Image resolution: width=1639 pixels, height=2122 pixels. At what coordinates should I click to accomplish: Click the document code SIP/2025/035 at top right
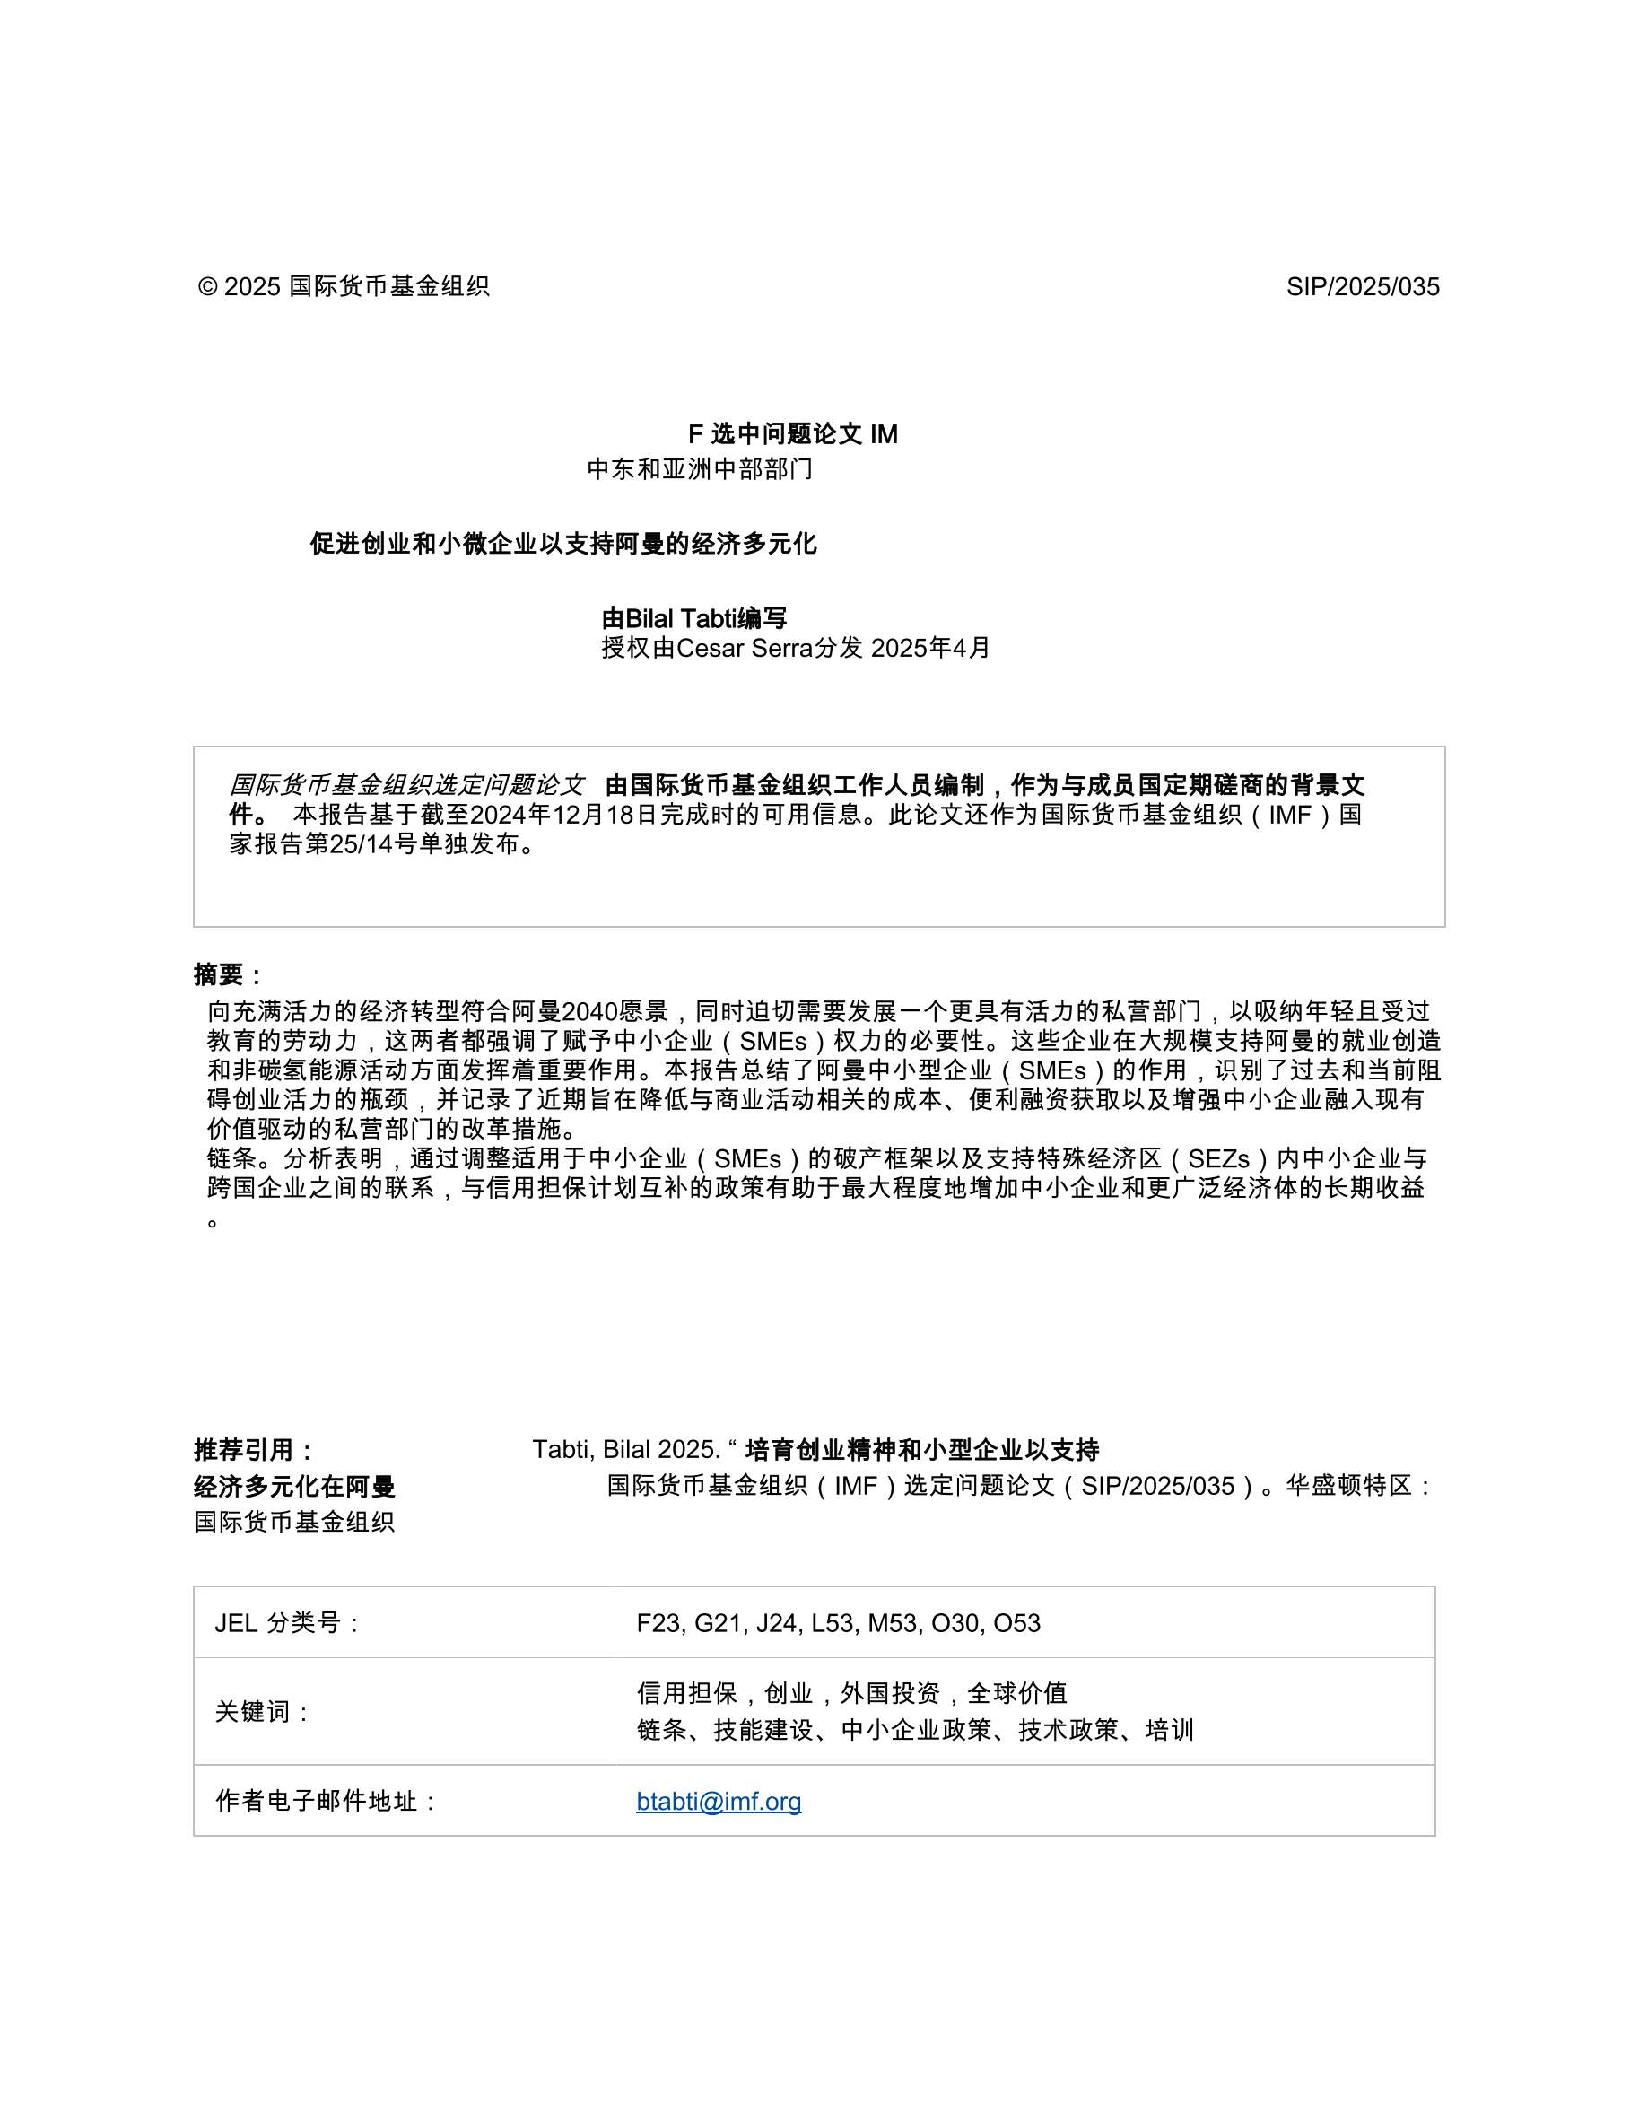[1362, 286]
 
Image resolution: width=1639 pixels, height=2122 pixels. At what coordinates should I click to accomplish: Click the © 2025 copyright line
[343, 286]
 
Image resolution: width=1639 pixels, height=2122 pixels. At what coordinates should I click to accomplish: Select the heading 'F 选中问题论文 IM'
[793, 434]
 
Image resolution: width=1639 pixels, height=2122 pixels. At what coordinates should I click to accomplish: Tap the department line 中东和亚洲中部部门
[700, 469]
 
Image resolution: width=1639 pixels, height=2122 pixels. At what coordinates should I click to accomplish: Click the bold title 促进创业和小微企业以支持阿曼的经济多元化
[563, 544]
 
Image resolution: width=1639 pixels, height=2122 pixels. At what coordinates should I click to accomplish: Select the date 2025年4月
[929, 648]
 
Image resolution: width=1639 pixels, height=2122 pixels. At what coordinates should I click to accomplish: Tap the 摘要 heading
[229, 974]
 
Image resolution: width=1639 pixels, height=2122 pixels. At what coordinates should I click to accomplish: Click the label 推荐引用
[254, 1451]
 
